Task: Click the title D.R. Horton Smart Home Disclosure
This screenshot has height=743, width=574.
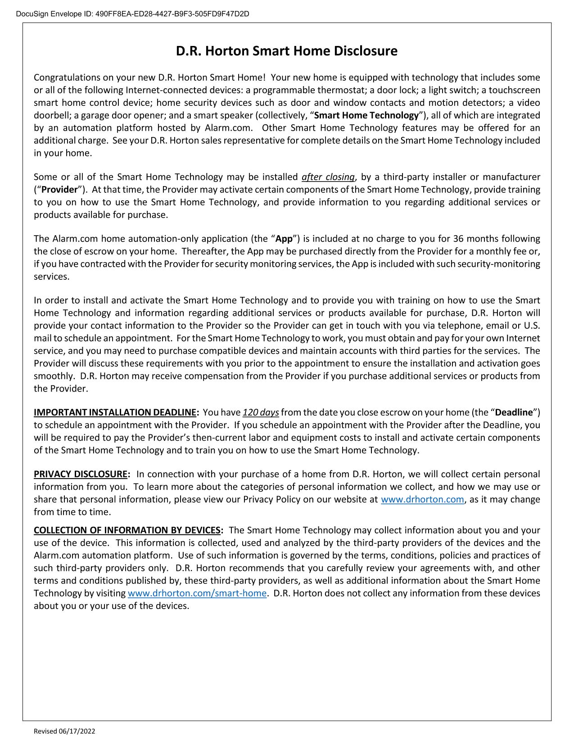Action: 286,51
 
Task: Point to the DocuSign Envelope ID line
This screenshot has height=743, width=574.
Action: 132,14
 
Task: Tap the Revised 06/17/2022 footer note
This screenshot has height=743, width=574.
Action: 65,731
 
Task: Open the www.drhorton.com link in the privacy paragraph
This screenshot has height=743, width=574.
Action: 422,499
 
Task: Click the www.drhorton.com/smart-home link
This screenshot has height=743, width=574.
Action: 197,593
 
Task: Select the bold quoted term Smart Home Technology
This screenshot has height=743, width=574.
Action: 366,115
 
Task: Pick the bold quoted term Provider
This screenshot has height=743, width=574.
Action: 59,190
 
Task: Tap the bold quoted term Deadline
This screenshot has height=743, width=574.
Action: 514,412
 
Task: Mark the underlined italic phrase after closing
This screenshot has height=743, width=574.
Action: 328,177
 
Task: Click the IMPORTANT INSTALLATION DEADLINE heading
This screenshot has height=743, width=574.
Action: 116,412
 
